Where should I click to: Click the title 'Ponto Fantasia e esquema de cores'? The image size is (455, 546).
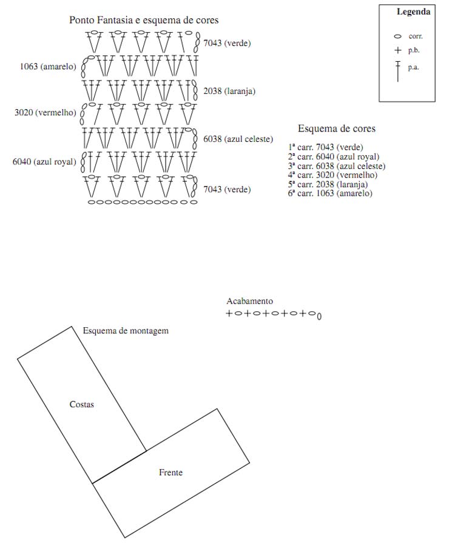(x=144, y=20)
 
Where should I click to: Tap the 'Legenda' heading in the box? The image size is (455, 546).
(x=413, y=12)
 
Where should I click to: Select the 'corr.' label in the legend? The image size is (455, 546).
(x=416, y=36)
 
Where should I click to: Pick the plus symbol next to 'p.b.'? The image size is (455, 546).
(x=398, y=50)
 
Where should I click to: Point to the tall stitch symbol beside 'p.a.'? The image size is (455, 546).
(x=398, y=71)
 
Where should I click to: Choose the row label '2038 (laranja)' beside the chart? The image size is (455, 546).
(x=229, y=92)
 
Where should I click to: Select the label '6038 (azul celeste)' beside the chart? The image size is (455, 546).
(x=238, y=139)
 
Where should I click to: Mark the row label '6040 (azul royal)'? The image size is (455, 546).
(x=44, y=161)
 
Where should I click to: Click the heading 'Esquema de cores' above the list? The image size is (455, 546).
(x=336, y=128)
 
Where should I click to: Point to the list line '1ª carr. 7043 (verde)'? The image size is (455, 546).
(x=326, y=147)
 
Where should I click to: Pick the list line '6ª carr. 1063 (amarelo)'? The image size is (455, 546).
(x=331, y=193)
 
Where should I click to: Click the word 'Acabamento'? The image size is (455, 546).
(x=249, y=301)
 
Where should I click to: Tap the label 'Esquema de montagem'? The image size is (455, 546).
(x=126, y=331)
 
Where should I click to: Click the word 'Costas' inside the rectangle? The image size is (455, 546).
(x=82, y=404)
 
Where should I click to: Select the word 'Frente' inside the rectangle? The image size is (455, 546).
(x=170, y=472)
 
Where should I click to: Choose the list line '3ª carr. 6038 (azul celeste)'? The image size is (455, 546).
(x=337, y=166)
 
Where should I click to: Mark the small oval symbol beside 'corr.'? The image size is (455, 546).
(x=398, y=36)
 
